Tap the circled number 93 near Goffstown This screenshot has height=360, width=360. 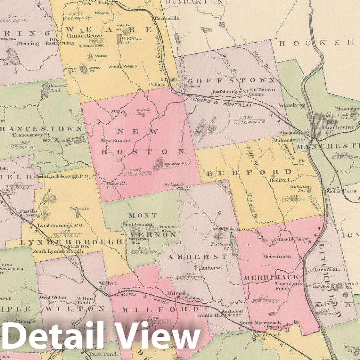(x=238, y=93)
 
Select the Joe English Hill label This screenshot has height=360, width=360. (x=174, y=165)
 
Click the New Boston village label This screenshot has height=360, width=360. (x=116, y=140)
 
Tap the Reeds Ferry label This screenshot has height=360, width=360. (x=293, y=239)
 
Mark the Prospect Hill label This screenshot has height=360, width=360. (x=170, y=229)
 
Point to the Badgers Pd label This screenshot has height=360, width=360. (x=79, y=209)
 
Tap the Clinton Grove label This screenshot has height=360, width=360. (x=84, y=36)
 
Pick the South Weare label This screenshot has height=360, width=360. (x=123, y=66)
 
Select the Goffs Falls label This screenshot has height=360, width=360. (x=342, y=191)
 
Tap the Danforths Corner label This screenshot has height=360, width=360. (x=223, y=315)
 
